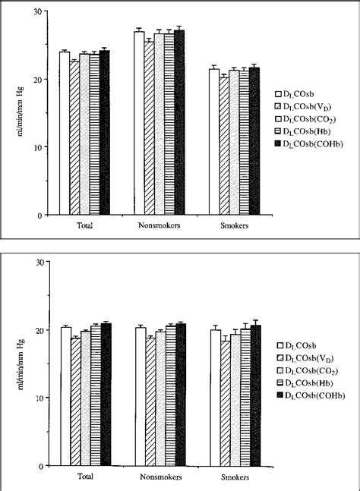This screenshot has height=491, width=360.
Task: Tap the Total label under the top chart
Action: point(84,227)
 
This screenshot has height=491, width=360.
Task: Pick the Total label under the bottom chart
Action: point(84,479)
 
